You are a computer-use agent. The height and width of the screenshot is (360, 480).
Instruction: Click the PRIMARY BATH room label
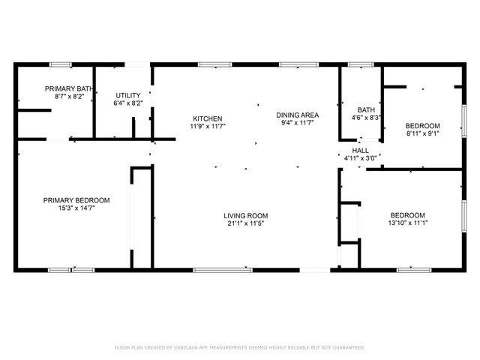pos(69,88)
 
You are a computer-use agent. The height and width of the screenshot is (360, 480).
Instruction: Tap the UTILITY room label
pos(128,95)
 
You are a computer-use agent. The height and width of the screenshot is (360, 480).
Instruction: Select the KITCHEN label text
pos(208,118)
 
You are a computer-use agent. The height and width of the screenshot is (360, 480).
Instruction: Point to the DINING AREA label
pos(298,115)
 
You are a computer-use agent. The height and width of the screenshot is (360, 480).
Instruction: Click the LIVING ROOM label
pos(246,215)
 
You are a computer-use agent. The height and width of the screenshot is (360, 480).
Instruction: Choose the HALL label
pos(360,151)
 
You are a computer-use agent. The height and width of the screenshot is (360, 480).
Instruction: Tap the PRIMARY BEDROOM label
pos(76,200)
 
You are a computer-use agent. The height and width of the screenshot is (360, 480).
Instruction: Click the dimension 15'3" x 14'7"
pos(76,208)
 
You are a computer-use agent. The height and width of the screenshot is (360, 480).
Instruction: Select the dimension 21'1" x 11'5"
pos(246,223)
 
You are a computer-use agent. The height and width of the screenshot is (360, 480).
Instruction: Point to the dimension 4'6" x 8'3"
pos(366,118)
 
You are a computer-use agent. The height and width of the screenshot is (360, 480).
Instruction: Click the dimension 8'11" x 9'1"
pos(423,133)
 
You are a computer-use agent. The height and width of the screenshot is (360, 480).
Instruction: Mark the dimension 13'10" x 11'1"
pos(408,223)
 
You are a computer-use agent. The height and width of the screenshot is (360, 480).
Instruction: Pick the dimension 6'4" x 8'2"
pos(128,103)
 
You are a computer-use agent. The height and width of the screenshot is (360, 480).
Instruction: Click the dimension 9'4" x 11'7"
pos(298,123)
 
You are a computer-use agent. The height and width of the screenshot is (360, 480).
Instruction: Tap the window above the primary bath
pos(60,64)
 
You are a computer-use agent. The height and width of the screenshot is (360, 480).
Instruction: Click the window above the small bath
pos(361,64)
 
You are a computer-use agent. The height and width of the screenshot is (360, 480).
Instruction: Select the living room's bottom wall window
pos(223,270)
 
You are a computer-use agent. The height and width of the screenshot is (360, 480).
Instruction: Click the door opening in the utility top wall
pos(137,64)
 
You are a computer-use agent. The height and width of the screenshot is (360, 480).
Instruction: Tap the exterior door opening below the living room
pos(315,270)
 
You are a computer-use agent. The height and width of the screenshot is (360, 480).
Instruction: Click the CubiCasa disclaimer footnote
pos(240,347)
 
